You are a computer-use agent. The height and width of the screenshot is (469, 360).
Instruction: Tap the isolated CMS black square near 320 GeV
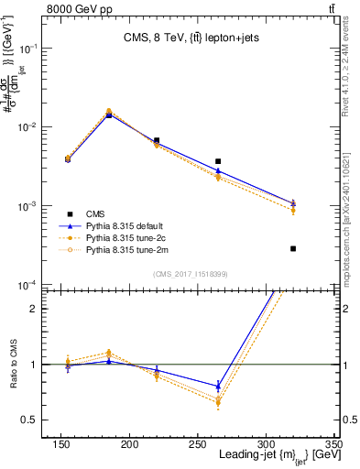click(293, 248)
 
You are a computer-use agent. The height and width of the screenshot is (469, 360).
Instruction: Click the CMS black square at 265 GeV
click(218, 161)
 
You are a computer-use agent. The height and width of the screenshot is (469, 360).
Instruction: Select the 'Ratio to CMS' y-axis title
click(16, 364)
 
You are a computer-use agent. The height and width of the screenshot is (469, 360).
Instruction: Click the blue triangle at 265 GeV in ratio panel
click(218, 386)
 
